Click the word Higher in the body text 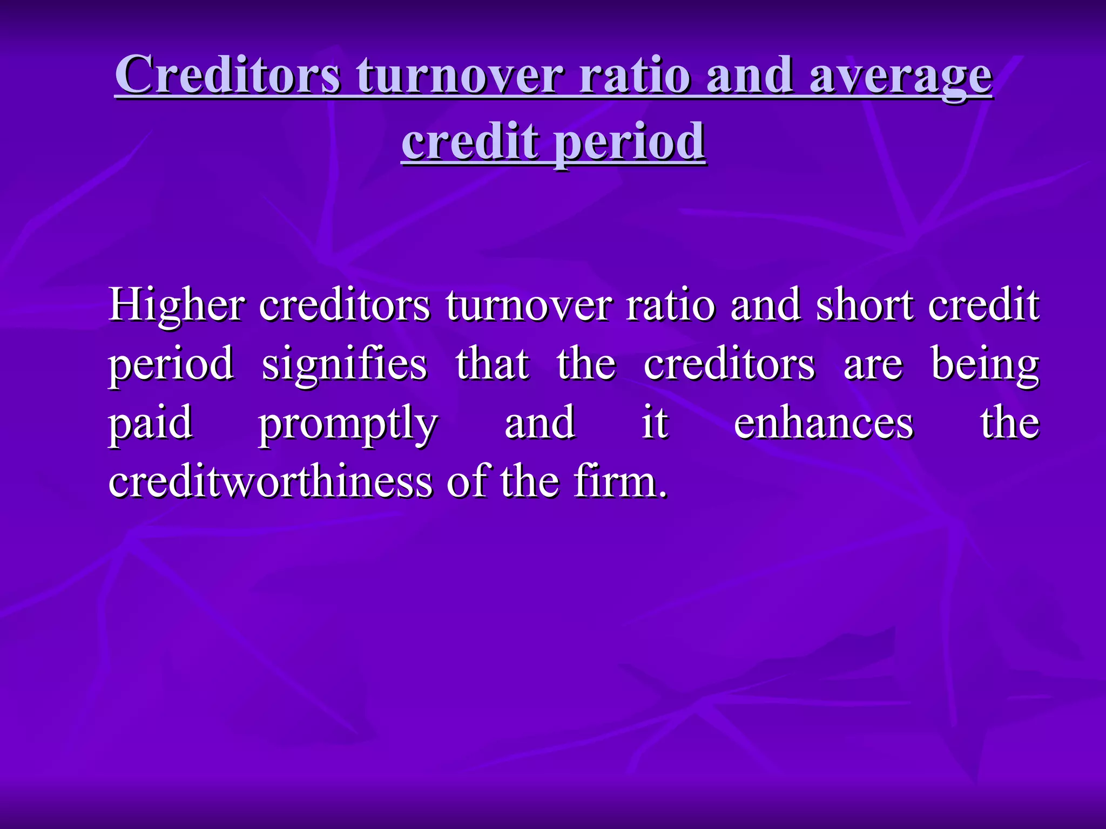pyautogui.click(x=176, y=305)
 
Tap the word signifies pyautogui.click(x=344, y=364)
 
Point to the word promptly pyautogui.click(x=347, y=424)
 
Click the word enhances pyautogui.click(x=823, y=423)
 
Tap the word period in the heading pyautogui.click(x=630, y=141)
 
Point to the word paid pyautogui.click(x=151, y=424)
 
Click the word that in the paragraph pyautogui.click(x=492, y=364)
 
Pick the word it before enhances pyautogui.click(x=655, y=423)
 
